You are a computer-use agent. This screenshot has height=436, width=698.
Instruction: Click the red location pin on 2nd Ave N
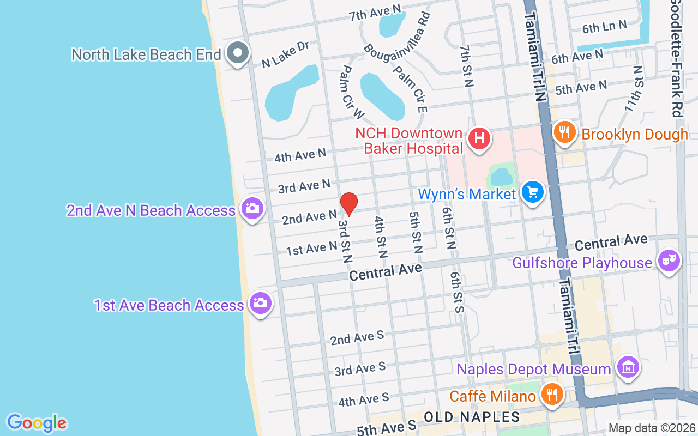[x=349, y=204]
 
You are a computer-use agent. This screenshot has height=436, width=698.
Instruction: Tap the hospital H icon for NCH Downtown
[x=479, y=138]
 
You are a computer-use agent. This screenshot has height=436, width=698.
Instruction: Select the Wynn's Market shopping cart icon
[x=533, y=192]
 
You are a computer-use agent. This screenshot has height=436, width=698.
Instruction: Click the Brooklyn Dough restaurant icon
[x=565, y=132]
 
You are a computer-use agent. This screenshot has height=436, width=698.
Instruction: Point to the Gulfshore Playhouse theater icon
[x=669, y=261]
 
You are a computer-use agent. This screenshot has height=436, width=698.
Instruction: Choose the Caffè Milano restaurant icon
[x=552, y=394]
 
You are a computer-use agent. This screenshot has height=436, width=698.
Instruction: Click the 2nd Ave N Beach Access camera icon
[x=251, y=208]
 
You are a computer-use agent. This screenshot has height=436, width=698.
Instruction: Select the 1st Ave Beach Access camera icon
[x=260, y=303]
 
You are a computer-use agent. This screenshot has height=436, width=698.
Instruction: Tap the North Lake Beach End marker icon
[x=238, y=53]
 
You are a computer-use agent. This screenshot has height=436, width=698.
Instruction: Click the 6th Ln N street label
[x=604, y=27]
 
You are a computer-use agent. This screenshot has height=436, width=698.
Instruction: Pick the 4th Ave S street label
[x=364, y=399]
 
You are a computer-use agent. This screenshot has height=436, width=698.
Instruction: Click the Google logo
[x=37, y=423]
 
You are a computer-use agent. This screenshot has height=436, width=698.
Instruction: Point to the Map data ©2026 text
[x=652, y=428]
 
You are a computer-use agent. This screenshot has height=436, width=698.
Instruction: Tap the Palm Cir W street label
[x=351, y=92]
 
